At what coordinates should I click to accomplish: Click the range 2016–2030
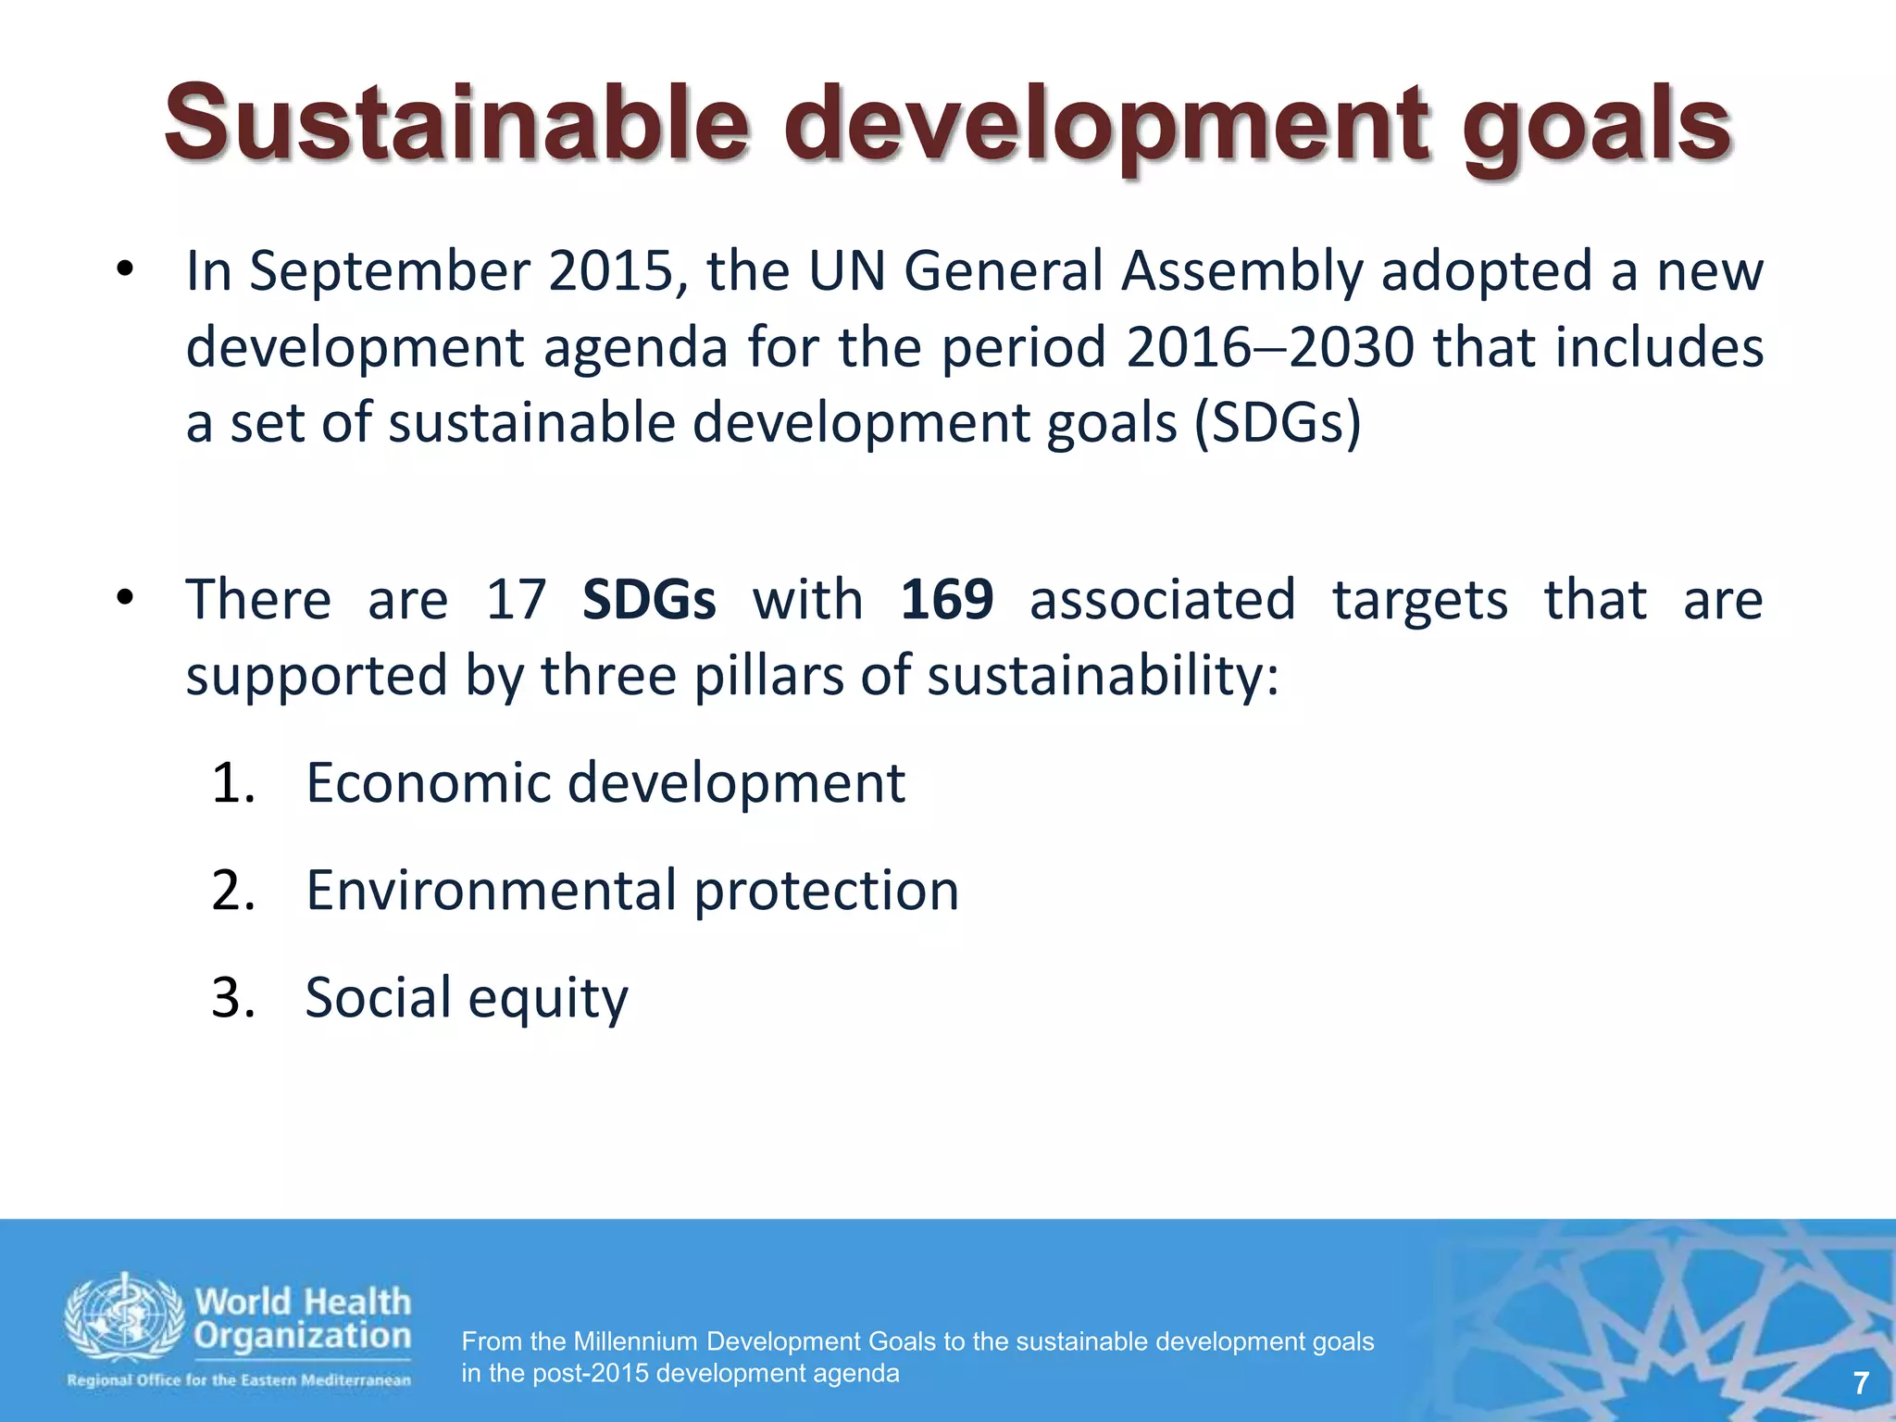[x=1270, y=347]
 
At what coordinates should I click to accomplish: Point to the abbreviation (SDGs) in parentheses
[x=1278, y=424]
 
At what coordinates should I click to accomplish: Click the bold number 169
[x=947, y=599]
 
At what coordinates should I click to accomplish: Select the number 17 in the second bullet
[x=517, y=599]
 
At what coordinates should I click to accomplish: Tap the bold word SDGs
[x=649, y=599]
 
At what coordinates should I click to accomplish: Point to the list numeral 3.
[x=231, y=998]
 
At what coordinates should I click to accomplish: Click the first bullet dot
[x=124, y=270]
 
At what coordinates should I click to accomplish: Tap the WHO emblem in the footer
[x=123, y=1316]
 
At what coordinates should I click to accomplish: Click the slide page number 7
[x=1861, y=1383]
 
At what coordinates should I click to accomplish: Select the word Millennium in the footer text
[x=634, y=1341]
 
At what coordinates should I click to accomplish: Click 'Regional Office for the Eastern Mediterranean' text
[x=239, y=1380]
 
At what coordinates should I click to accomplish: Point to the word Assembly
[x=1241, y=272]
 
